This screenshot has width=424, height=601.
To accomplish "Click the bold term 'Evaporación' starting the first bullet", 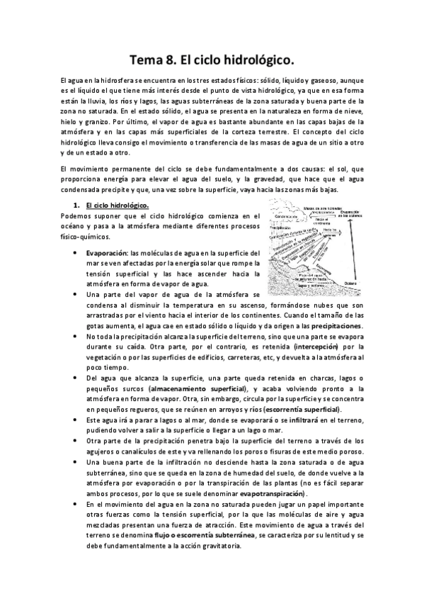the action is coord(107,252).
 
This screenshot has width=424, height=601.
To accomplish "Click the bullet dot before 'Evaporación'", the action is coord(76,253).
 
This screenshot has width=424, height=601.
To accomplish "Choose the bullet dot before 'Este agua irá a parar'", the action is coord(76,420).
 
